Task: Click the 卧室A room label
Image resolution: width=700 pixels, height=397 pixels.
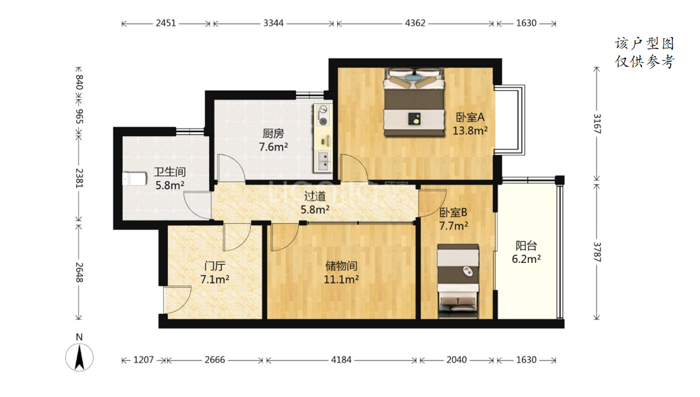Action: tap(469, 117)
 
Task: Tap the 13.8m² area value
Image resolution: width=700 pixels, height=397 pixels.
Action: tap(469, 131)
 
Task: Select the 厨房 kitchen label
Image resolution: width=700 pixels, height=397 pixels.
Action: tap(273, 133)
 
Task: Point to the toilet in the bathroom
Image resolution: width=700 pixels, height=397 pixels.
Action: tap(134, 179)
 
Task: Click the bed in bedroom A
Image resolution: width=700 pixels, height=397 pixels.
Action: tap(415, 102)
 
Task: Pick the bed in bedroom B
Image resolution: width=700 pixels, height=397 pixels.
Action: tap(458, 281)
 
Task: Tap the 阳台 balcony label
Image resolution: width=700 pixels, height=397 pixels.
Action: tap(526, 246)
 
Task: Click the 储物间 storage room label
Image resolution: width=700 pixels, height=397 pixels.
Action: tap(341, 266)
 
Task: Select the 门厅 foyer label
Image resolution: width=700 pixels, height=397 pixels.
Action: tap(214, 266)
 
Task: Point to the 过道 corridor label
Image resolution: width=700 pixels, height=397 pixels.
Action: tap(315, 196)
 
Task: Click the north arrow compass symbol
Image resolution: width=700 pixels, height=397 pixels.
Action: tap(80, 357)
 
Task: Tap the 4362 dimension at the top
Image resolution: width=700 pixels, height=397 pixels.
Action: tap(415, 23)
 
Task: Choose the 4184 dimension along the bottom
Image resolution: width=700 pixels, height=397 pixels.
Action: tap(341, 360)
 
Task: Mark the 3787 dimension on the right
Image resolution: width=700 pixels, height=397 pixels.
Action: tap(597, 252)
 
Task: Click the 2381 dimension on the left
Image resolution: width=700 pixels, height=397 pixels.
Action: tap(79, 178)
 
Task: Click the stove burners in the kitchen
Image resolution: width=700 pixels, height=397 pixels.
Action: tap(322, 115)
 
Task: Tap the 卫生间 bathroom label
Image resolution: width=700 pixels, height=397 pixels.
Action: tap(170, 172)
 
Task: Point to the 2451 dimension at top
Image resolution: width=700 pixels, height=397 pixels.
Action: tap(166, 23)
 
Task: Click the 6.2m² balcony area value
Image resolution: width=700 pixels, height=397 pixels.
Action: tap(526, 259)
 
